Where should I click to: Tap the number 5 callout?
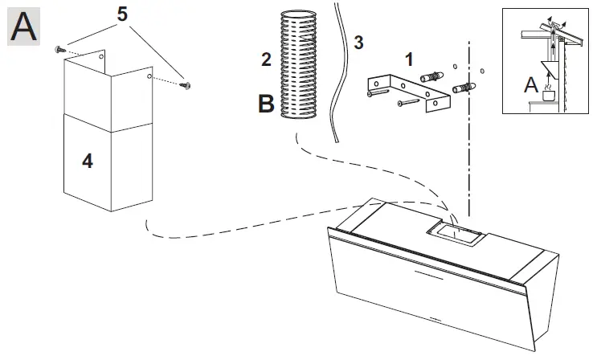122,15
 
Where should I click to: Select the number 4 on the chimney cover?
87,161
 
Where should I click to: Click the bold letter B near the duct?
267,104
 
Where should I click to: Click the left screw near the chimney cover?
59,50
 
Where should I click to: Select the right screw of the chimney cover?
186,83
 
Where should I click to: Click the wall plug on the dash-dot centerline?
467,86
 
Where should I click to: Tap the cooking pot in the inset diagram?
551,95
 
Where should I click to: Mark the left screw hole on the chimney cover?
101,57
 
